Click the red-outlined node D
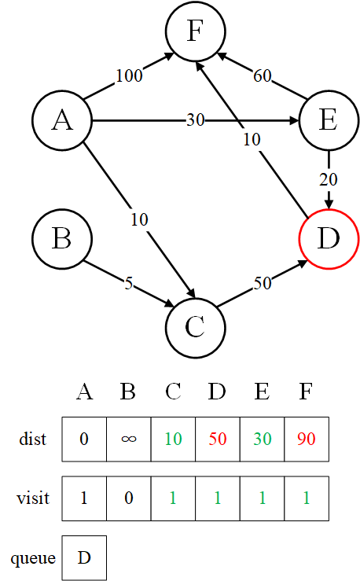[x=329, y=239]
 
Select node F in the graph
[x=196, y=31]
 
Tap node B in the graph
[x=62, y=238]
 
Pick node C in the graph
[x=196, y=328]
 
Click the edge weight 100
[x=129, y=75]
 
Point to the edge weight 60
[x=263, y=75]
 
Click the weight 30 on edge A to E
[x=195, y=120]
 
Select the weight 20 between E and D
[x=329, y=180]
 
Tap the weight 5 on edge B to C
[x=129, y=284]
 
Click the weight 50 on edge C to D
[x=263, y=284]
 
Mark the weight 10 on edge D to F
[x=252, y=140]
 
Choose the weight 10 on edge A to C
[x=139, y=219]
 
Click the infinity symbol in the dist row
[x=129, y=439]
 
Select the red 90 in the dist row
[x=307, y=439]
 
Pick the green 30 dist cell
[x=263, y=439]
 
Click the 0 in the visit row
[x=129, y=498]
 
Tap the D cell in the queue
[x=84, y=557]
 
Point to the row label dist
[x=32, y=439]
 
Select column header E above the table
[x=262, y=392]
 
